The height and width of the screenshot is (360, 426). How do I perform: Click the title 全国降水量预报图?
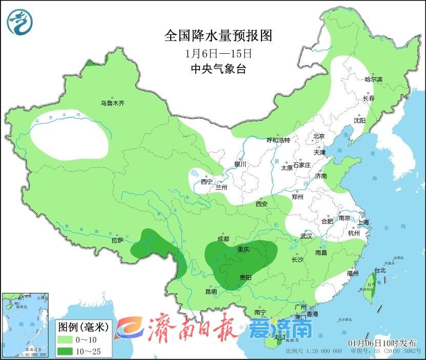(x=217, y=36)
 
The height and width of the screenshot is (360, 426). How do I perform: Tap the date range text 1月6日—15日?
(x=217, y=53)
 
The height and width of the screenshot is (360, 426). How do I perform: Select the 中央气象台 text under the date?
(x=217, y=69)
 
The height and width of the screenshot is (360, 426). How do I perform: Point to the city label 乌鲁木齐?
(x=112, y=103)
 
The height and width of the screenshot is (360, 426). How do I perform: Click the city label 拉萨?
(x=117, y=240)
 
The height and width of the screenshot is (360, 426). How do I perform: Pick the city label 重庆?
(x=243, y=249)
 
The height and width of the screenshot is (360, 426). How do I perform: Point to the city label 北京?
(x=319, y=136)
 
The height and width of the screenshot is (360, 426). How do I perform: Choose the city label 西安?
(x=261, y=204)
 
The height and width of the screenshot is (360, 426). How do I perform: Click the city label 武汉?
(x=307, y=236)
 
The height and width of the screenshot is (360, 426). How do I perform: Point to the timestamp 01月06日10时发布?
(x=382, y=343)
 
